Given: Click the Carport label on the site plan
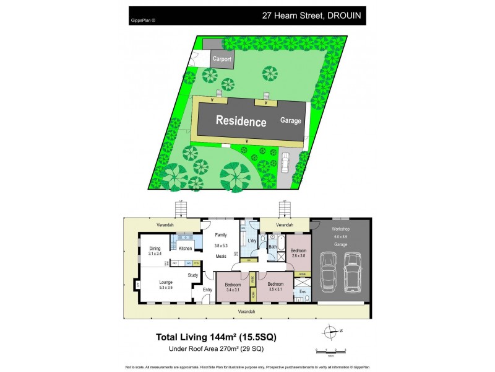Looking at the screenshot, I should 222,59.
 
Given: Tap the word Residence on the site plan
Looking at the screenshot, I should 241,122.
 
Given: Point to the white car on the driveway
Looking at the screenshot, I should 285,163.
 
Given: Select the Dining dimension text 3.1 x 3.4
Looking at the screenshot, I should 154,254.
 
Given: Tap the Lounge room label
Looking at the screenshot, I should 165,281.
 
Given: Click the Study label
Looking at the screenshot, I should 193,275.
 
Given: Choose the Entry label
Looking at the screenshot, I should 207,290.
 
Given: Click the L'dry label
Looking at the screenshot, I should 252,240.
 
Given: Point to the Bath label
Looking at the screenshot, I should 272,247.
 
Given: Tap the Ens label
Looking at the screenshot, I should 303,291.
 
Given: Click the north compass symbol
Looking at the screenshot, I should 332,330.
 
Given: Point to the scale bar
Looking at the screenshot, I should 330,351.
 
